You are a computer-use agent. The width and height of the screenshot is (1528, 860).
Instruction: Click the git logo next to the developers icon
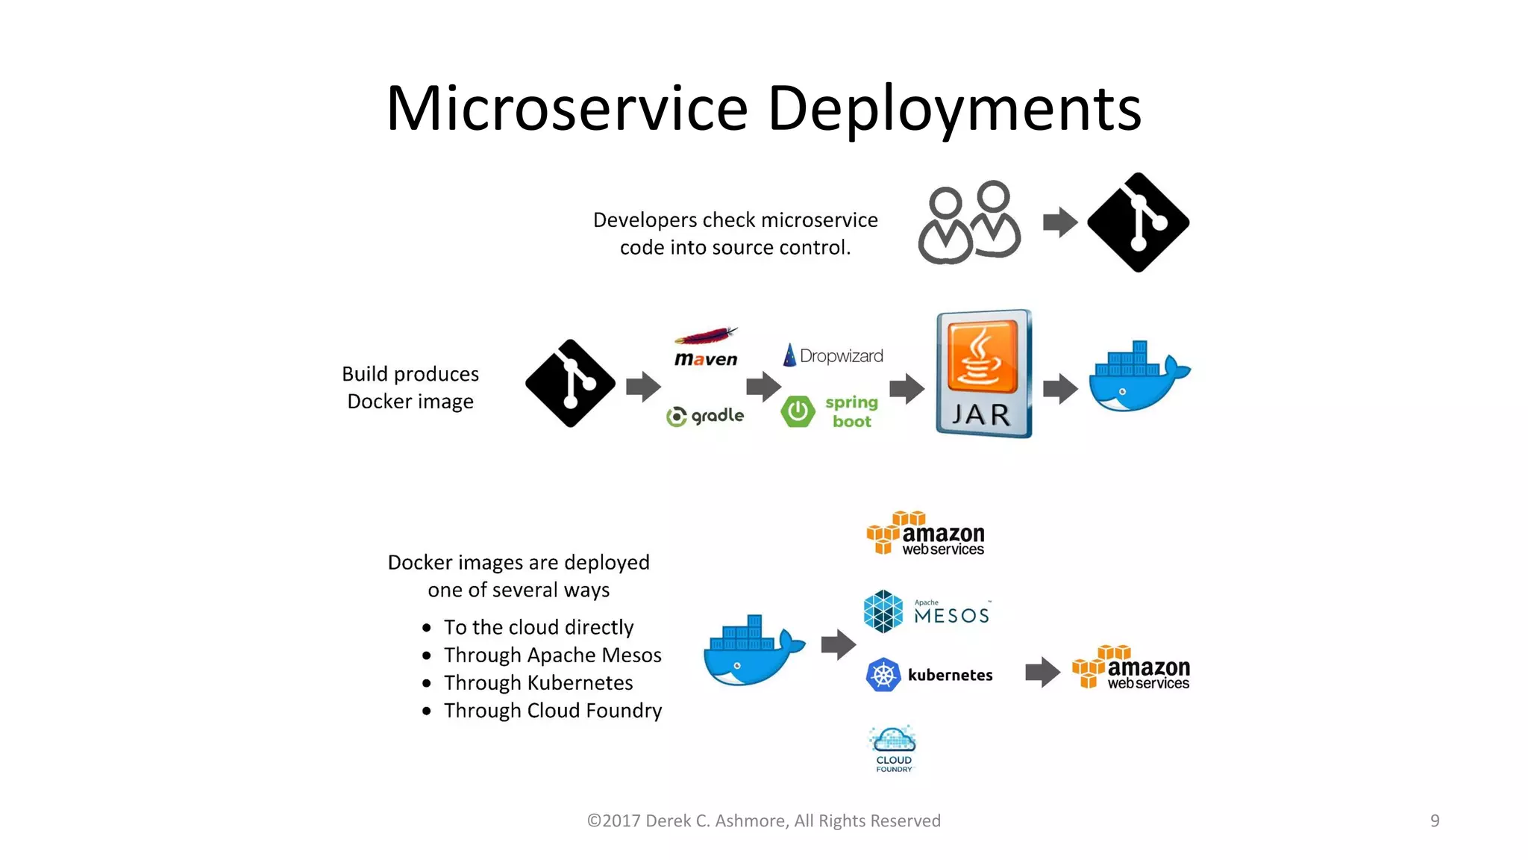tap(1138, 222)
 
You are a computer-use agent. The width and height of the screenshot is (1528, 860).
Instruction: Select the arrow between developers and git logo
tap(1059, 222)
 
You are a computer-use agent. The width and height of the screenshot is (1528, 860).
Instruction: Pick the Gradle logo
tap(705, 416)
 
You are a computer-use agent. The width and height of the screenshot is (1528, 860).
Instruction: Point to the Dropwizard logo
tap(833, 355)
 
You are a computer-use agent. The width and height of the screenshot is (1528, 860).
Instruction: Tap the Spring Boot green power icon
tap(798, 411)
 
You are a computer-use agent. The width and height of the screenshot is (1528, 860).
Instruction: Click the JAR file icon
tap(983, 373)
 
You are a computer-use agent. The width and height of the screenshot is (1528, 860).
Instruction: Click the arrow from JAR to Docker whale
tap(1059, 388)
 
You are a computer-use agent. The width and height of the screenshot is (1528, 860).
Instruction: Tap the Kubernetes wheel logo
tap(883, 675)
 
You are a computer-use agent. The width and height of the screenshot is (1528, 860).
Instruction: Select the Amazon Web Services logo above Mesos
tap(925, 534)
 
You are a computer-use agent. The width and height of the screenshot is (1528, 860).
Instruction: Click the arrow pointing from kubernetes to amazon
tap(1042, 672)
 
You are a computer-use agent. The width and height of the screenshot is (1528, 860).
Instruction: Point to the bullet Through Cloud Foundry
tap(552, 711)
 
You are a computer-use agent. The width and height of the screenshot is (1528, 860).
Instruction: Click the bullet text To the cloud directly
tap(538, 627)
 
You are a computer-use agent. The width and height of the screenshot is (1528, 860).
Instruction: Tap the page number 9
tap(1434, 820)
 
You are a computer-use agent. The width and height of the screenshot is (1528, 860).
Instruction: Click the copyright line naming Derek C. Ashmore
tap(763, 820)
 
